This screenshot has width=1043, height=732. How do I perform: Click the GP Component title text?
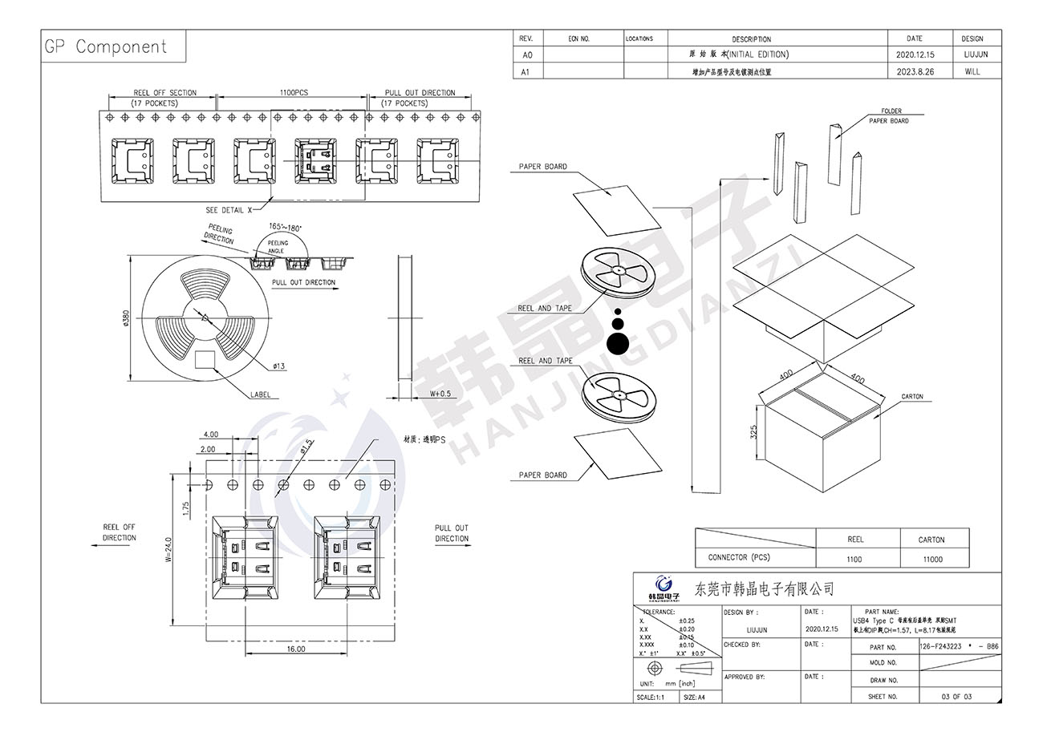tap(105, 47)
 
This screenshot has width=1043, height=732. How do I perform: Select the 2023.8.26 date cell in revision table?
tap(914, 71)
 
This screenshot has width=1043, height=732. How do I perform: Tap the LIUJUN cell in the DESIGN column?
tap(972, 55)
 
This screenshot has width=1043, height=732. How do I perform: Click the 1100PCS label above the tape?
tap(294, 93)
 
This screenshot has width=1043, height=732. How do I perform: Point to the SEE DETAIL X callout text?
tap(229, 209)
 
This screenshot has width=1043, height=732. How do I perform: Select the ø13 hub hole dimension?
tap(279, 366)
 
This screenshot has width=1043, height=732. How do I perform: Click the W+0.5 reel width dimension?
tap(441, 394)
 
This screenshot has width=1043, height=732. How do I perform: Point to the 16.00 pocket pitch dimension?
tap(295, 649)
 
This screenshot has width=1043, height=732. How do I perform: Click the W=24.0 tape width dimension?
tap(168, 550)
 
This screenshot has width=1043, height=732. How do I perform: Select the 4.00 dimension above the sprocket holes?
tap(211, 435)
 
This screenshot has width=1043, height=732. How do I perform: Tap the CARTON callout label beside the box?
tap(912, 397)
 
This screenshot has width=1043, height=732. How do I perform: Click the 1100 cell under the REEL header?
tap(854, 560)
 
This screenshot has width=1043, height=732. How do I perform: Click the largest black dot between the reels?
tap(618, 343)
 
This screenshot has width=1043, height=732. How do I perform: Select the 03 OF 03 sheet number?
tap(956, 697)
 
